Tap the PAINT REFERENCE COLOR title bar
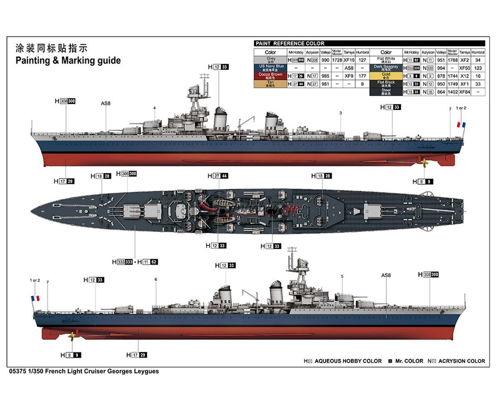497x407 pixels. [x=369, y=43]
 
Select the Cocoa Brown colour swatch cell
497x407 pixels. [x=270, y=76]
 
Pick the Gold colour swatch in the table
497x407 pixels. [x=386, y=76]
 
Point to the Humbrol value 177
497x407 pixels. [x=362, y=76]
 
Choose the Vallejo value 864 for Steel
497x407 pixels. [x=441, y=92]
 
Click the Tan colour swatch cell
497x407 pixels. [x=270, y=84]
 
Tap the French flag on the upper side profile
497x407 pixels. [x=461, y=124]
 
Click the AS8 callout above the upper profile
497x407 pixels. [x=106, y=103]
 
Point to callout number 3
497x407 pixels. [x=340, y=113]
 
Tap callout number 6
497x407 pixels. [x=156, y=279]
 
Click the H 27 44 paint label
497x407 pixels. [x=218, y=176]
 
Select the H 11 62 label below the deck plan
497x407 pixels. [x=147, y=262]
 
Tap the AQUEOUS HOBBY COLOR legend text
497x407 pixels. [x=348, y=361]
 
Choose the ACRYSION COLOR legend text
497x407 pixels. [x=461, y=361]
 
